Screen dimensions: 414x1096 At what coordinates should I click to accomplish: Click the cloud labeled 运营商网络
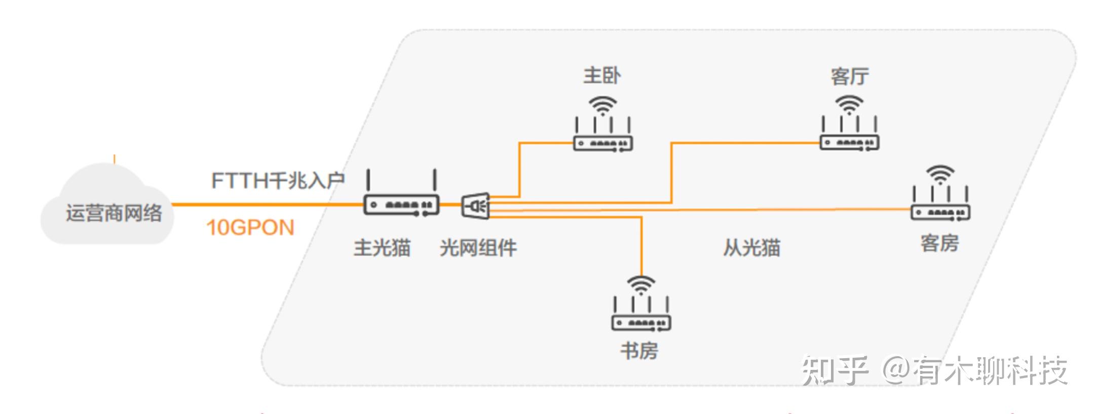pos(107,208)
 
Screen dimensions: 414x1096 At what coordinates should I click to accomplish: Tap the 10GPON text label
pos(250,228)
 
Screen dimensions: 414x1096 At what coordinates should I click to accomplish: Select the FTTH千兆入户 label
pos(278,180)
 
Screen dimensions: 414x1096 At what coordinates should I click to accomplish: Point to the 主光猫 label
pos(382,248)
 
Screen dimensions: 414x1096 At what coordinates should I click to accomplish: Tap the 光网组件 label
pos(478,248)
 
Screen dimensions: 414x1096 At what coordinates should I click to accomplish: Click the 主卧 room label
pos(602,76)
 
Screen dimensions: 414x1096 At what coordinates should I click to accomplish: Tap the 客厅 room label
pos(850,77)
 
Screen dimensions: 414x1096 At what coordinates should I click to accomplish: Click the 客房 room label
pos(940,244)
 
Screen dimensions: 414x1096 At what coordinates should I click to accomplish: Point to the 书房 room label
pos(639,351)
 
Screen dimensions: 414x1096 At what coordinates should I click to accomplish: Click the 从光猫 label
pos(751,248)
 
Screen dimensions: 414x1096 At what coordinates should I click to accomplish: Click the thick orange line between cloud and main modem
pos(263,204)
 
